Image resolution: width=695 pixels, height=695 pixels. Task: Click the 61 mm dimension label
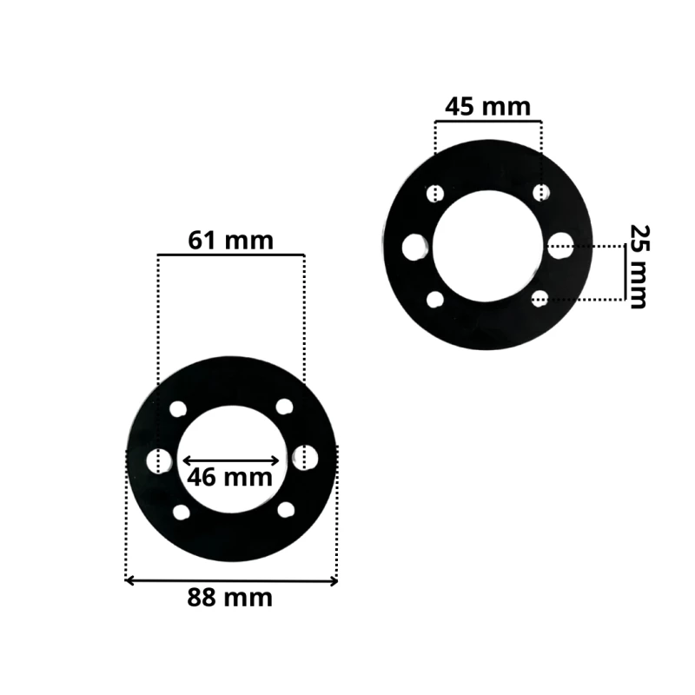click(230, 241)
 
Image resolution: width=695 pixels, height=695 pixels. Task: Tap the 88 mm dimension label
click(229, 598)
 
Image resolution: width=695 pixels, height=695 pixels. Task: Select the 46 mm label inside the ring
click(229, 477)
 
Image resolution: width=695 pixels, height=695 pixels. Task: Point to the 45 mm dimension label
click(487, 107)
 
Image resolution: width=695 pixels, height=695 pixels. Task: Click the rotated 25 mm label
click(639, 267)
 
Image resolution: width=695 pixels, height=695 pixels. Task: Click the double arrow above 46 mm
click(231, 460)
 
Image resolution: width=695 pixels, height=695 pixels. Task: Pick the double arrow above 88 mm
click(231, 580)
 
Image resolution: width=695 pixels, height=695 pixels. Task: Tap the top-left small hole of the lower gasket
click(178, 409)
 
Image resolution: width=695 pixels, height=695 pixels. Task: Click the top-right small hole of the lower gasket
click(285, 407)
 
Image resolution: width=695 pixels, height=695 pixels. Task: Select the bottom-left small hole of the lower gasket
click(181, 513)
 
